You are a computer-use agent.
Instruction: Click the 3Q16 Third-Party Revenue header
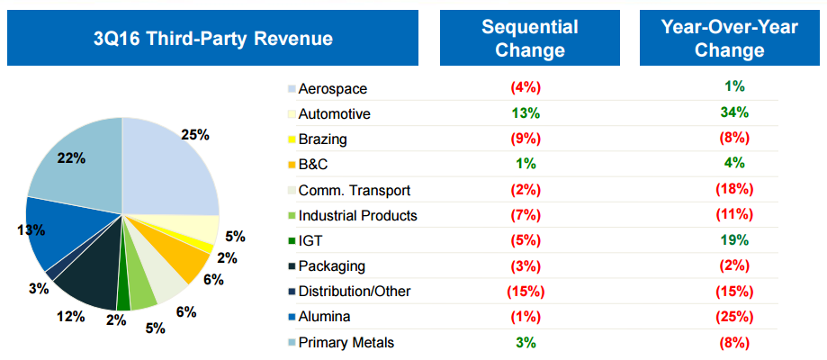click(x=212, y=39)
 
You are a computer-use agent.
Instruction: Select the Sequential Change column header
click(x=529, y=39)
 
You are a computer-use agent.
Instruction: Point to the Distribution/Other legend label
click(x=355, y=292)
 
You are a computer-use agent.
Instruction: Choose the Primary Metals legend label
click(x=346, y=342)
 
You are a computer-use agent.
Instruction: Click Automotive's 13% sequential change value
click(x=525, y=113)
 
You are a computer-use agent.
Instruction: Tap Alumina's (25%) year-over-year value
click(x=733, y=317)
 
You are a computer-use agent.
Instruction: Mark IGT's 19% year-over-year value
click(x=733, y=240)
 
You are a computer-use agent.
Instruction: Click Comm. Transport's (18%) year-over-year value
click(x=733, y=190)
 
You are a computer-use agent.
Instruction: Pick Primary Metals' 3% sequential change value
click(x=525, y=342)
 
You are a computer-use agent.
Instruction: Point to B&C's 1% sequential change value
click(x=525, y=165)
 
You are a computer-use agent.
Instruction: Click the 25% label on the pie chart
click(x=194, y=135)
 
